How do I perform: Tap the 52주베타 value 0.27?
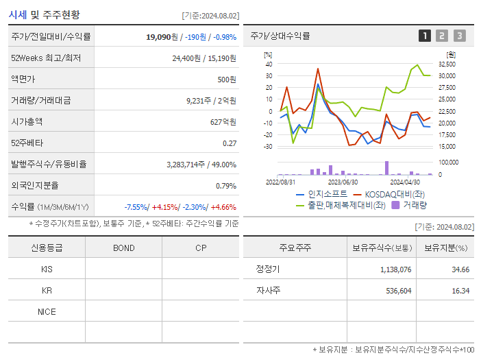pos(230,143)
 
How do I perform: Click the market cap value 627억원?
pos(223,122)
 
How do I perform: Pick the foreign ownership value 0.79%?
pos(225,186)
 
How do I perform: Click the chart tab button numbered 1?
pos(425,36)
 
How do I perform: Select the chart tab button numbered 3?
pos(459,36)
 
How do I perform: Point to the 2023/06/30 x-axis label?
pos(343,182)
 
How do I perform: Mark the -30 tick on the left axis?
pos(269,146)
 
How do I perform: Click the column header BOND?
pos(123,248)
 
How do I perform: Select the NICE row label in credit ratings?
pos(47,311)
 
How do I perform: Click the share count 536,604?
pos(395,291)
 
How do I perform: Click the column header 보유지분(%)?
pos(445,248)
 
